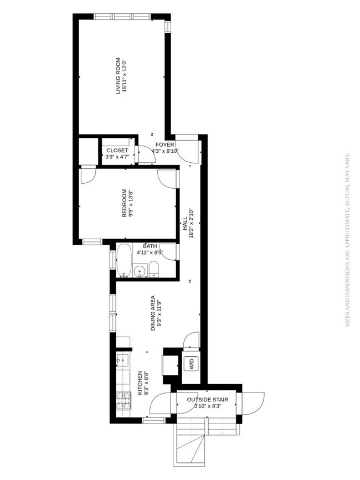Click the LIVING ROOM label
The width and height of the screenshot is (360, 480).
118,81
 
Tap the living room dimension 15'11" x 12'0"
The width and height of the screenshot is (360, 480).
125,81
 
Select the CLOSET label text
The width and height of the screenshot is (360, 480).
117,151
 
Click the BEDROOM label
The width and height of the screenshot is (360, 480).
124,204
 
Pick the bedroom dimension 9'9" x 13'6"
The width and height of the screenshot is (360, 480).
131,204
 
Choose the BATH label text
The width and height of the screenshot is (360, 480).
150,246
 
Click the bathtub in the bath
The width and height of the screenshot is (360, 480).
124,260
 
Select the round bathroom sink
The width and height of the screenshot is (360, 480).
140,271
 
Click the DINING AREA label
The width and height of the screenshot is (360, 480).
152,313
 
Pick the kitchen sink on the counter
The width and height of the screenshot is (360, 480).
122,362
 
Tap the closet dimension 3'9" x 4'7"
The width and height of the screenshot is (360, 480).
117,157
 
